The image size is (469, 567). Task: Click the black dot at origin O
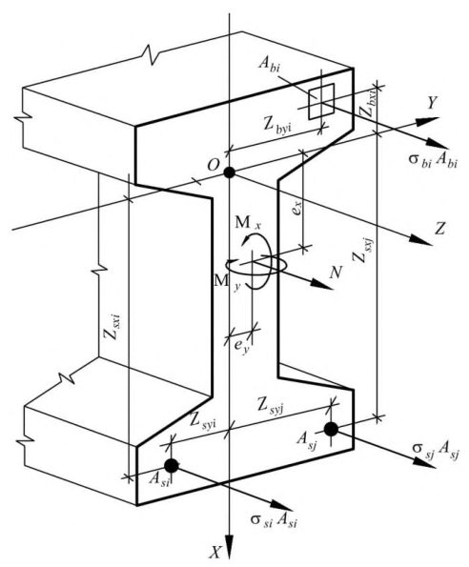pyautogui.click(x=229, y=172)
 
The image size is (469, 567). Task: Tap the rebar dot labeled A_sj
pyautogui.click(x=331, y=429)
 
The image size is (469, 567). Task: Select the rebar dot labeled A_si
pyautogui.click(x=172, y=465)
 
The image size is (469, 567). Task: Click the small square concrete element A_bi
pyautogui.click(x=321, y=101)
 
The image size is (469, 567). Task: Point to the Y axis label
pyautogui.click(x=432, y=103)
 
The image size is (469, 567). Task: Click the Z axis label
pyautogui.click(x=439, y=229)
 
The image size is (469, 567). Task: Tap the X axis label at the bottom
pyautogui.click(x=215, y=552)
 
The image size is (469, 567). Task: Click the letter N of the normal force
pyautogui.click(x=336, y=273)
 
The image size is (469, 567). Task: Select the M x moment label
pyautogui.click(x=247, y=223)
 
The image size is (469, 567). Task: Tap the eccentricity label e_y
pyautogui.click(x=241, y=346)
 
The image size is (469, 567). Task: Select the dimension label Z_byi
pyautogui.click(x=277, y=125)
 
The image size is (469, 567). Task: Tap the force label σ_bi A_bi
pyautogui.click(x=433, y=160)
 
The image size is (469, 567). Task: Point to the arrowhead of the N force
pyautogui.click(x=321, y=284)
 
